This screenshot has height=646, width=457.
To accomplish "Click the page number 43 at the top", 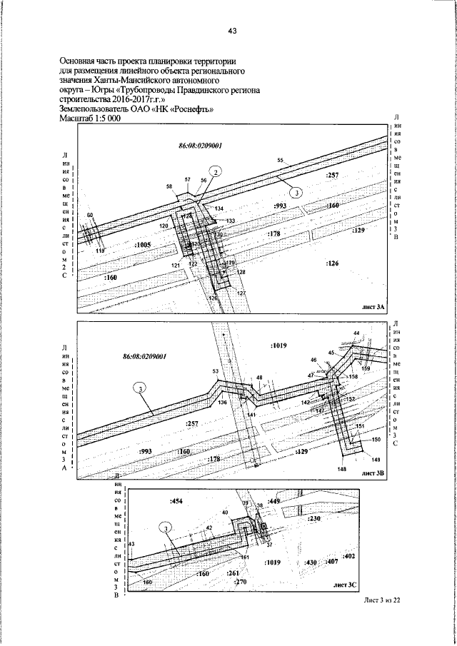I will tap(232, 31).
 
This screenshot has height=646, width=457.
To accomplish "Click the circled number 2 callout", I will tap(216, 171).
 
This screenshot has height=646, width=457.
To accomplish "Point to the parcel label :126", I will tap(333, 263).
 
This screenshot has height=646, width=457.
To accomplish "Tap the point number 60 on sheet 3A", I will tap(89, 215).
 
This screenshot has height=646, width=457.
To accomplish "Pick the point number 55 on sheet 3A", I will tap(281, 161).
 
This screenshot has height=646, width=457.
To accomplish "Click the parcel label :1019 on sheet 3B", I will tap(278, 345).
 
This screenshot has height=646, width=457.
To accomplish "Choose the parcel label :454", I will tap(176, 502).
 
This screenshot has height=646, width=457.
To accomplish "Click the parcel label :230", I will tap(315, 519).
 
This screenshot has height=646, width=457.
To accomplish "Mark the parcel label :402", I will tap(349, 555).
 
